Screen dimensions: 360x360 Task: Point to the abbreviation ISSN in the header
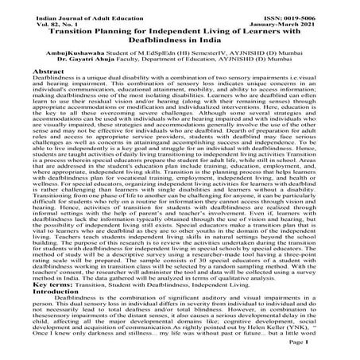click(x=279, y=8)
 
